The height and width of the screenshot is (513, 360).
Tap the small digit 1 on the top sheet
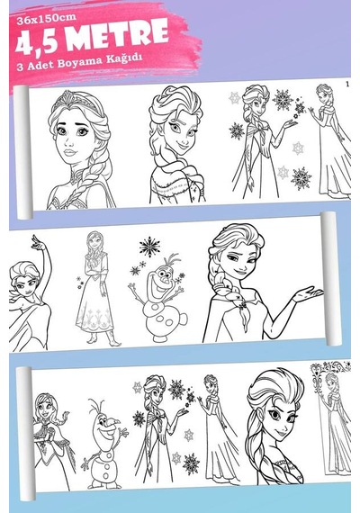tap(347, 84)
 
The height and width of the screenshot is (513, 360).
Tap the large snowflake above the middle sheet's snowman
tap(149, 247)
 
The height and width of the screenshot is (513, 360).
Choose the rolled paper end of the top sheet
tap(22, 152)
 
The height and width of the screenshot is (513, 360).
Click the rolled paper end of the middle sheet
tap(330, 279)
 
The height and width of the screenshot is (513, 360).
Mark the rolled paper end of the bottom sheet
tap(26, 434)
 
